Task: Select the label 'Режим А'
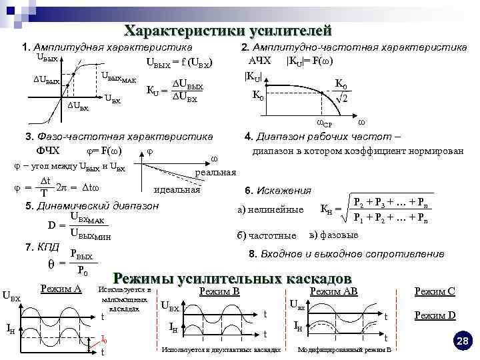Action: click(x=61, y=289)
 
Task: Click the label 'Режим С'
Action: click(x=435, y=291)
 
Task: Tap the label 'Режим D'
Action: click(x=435, y=315)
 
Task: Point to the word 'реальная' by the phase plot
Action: click(x=215, y=173)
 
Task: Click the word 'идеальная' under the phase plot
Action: click(x=177, y=190)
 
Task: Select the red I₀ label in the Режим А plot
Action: click(x=103, y=339)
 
